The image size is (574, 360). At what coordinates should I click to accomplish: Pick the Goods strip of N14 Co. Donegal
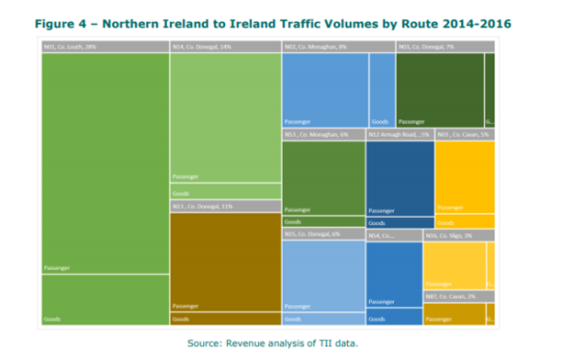[225, 191]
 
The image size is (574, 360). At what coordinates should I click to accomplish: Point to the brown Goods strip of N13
[225, 319]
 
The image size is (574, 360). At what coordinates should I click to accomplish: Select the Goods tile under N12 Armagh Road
[399, 223]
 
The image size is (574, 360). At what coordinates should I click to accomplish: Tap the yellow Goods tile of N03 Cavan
[464, 222]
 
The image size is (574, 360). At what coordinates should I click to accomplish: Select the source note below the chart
[274, 341]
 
